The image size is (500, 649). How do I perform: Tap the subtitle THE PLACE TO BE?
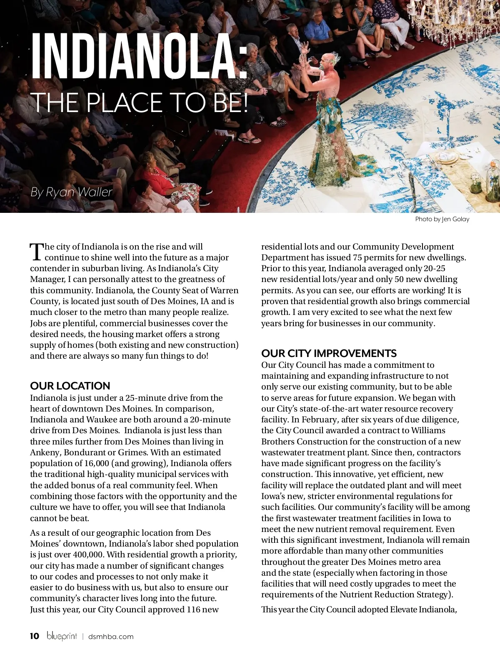[141, 102]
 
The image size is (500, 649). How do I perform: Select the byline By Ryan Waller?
[71, 192]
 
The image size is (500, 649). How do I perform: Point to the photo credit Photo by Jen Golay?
[442, 219]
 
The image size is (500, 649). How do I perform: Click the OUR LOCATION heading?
[70, 386]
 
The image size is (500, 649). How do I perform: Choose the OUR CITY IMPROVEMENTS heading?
[329, 353]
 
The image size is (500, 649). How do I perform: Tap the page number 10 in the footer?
[35, 636]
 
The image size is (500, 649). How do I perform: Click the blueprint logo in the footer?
[62, 636]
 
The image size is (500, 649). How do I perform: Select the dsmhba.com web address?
[111, 637]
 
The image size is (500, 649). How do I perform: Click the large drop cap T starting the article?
[37, 251]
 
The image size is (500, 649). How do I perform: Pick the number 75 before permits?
[358, 257]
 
